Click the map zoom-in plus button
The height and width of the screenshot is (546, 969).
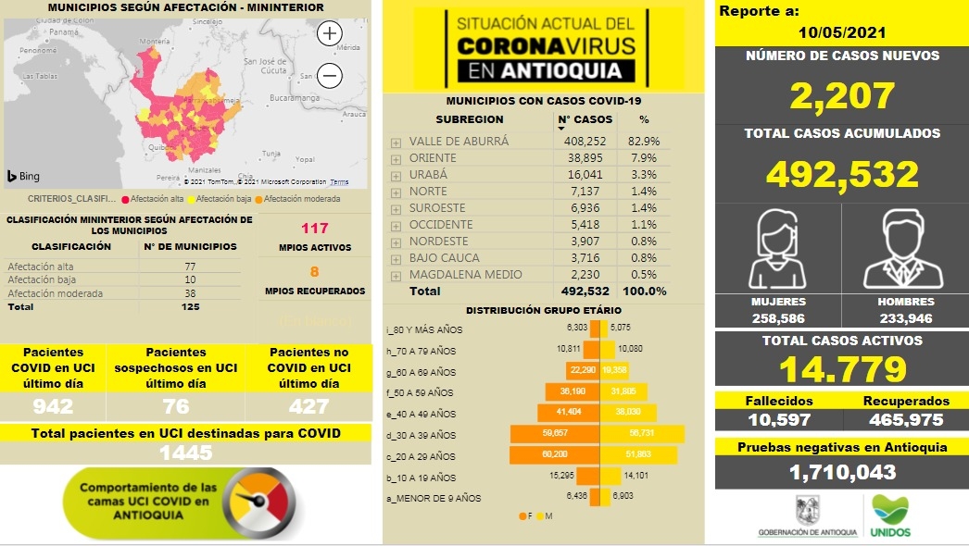click(x=330, y=34)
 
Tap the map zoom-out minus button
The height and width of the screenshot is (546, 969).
click(x=330, y=75)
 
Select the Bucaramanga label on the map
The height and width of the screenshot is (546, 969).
click(x=294, y=96)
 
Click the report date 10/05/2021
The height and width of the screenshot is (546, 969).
click(x=840, y=31)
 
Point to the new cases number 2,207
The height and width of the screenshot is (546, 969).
click(x=841, y=95)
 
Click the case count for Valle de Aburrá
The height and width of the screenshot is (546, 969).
click(x=585, y=142)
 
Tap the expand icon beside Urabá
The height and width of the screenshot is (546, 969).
click(x=396, y=175)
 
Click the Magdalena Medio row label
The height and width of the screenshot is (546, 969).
click(x=465, y=274)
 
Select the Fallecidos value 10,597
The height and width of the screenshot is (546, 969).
click(x=778, y=419)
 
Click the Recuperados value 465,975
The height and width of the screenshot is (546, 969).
click(x=906, y=419)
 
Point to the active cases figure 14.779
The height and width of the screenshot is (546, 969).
click(x=841, y=369)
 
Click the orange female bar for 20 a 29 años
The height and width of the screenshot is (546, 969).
click(x=555, y=456)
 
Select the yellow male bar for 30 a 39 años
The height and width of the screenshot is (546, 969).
click(x=643, y=435)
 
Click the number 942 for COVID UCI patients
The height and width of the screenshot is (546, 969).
click(x=53, y=405)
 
